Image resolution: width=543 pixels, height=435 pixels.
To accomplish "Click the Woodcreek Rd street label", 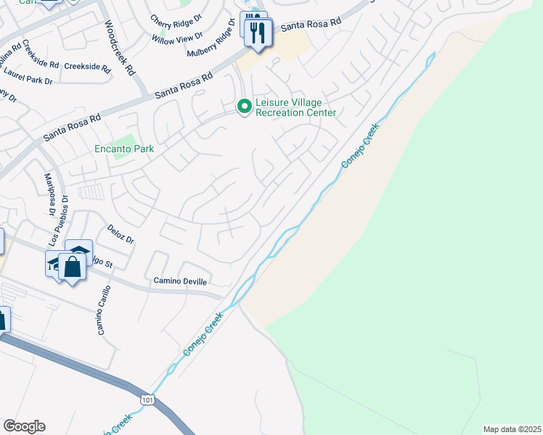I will pos(120,49).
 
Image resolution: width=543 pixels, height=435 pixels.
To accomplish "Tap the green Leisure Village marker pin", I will pos(245,107).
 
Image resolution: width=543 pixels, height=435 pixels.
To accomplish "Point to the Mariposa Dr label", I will pos(50,195).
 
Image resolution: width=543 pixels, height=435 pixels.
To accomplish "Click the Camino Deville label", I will pos(180,281).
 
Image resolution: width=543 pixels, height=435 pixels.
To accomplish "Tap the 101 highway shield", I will pos(147,399).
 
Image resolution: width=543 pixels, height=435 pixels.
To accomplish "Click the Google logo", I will pos(24,426).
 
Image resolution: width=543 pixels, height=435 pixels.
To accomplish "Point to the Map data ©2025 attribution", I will pos(512,429).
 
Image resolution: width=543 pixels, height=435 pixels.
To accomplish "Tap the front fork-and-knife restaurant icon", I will pos(258,33).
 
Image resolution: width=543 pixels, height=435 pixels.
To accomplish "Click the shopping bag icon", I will pos(73,266).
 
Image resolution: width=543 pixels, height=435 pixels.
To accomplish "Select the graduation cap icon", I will pos(55,262).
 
